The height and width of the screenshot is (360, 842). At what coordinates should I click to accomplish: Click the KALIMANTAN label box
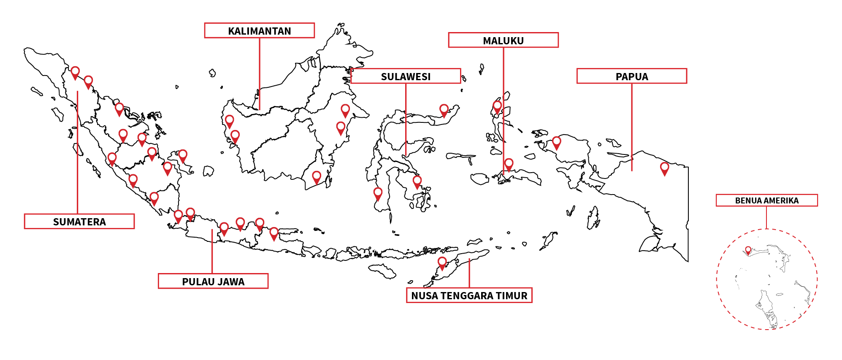click(259, 31)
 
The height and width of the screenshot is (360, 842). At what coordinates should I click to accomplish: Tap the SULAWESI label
click(406, 76)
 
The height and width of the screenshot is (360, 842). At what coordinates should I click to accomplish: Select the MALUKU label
click(503, 41)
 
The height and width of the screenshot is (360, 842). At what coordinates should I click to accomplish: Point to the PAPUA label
click(631, 76)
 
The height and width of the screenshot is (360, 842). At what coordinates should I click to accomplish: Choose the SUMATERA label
click(79, 222)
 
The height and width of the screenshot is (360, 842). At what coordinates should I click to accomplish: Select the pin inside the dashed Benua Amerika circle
click(748, 250)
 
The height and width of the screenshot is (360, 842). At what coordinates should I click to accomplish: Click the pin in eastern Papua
click(664, 168)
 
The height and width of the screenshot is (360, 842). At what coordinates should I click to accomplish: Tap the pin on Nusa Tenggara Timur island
click(442, 263)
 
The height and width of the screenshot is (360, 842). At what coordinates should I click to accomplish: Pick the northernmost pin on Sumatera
click(75, 73)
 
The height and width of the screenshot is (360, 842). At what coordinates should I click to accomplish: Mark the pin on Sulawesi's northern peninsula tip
click(444, 110)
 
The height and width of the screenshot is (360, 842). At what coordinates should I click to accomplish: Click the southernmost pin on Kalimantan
click(317, 177)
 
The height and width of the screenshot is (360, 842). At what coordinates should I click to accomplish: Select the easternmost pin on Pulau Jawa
click(274, 233)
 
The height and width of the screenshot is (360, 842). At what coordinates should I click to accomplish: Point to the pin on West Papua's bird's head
click(557, 143)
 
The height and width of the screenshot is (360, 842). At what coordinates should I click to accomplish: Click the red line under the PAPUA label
click(632, 127)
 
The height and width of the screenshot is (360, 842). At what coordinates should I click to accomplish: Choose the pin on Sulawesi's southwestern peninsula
click(378, 194)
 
